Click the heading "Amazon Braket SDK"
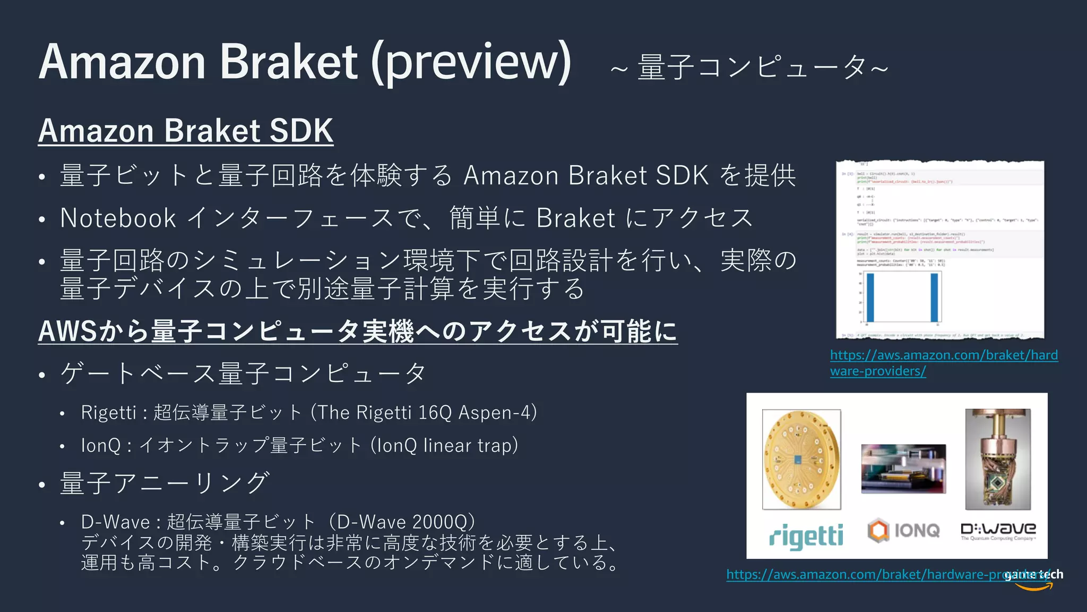(186, 131)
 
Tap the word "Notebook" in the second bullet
(118, 218)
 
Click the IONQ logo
(904, 530)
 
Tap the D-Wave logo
(998, 530)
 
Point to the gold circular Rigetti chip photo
(801, 460)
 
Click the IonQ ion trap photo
(903, 469)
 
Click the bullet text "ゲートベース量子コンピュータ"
(243, 373)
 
